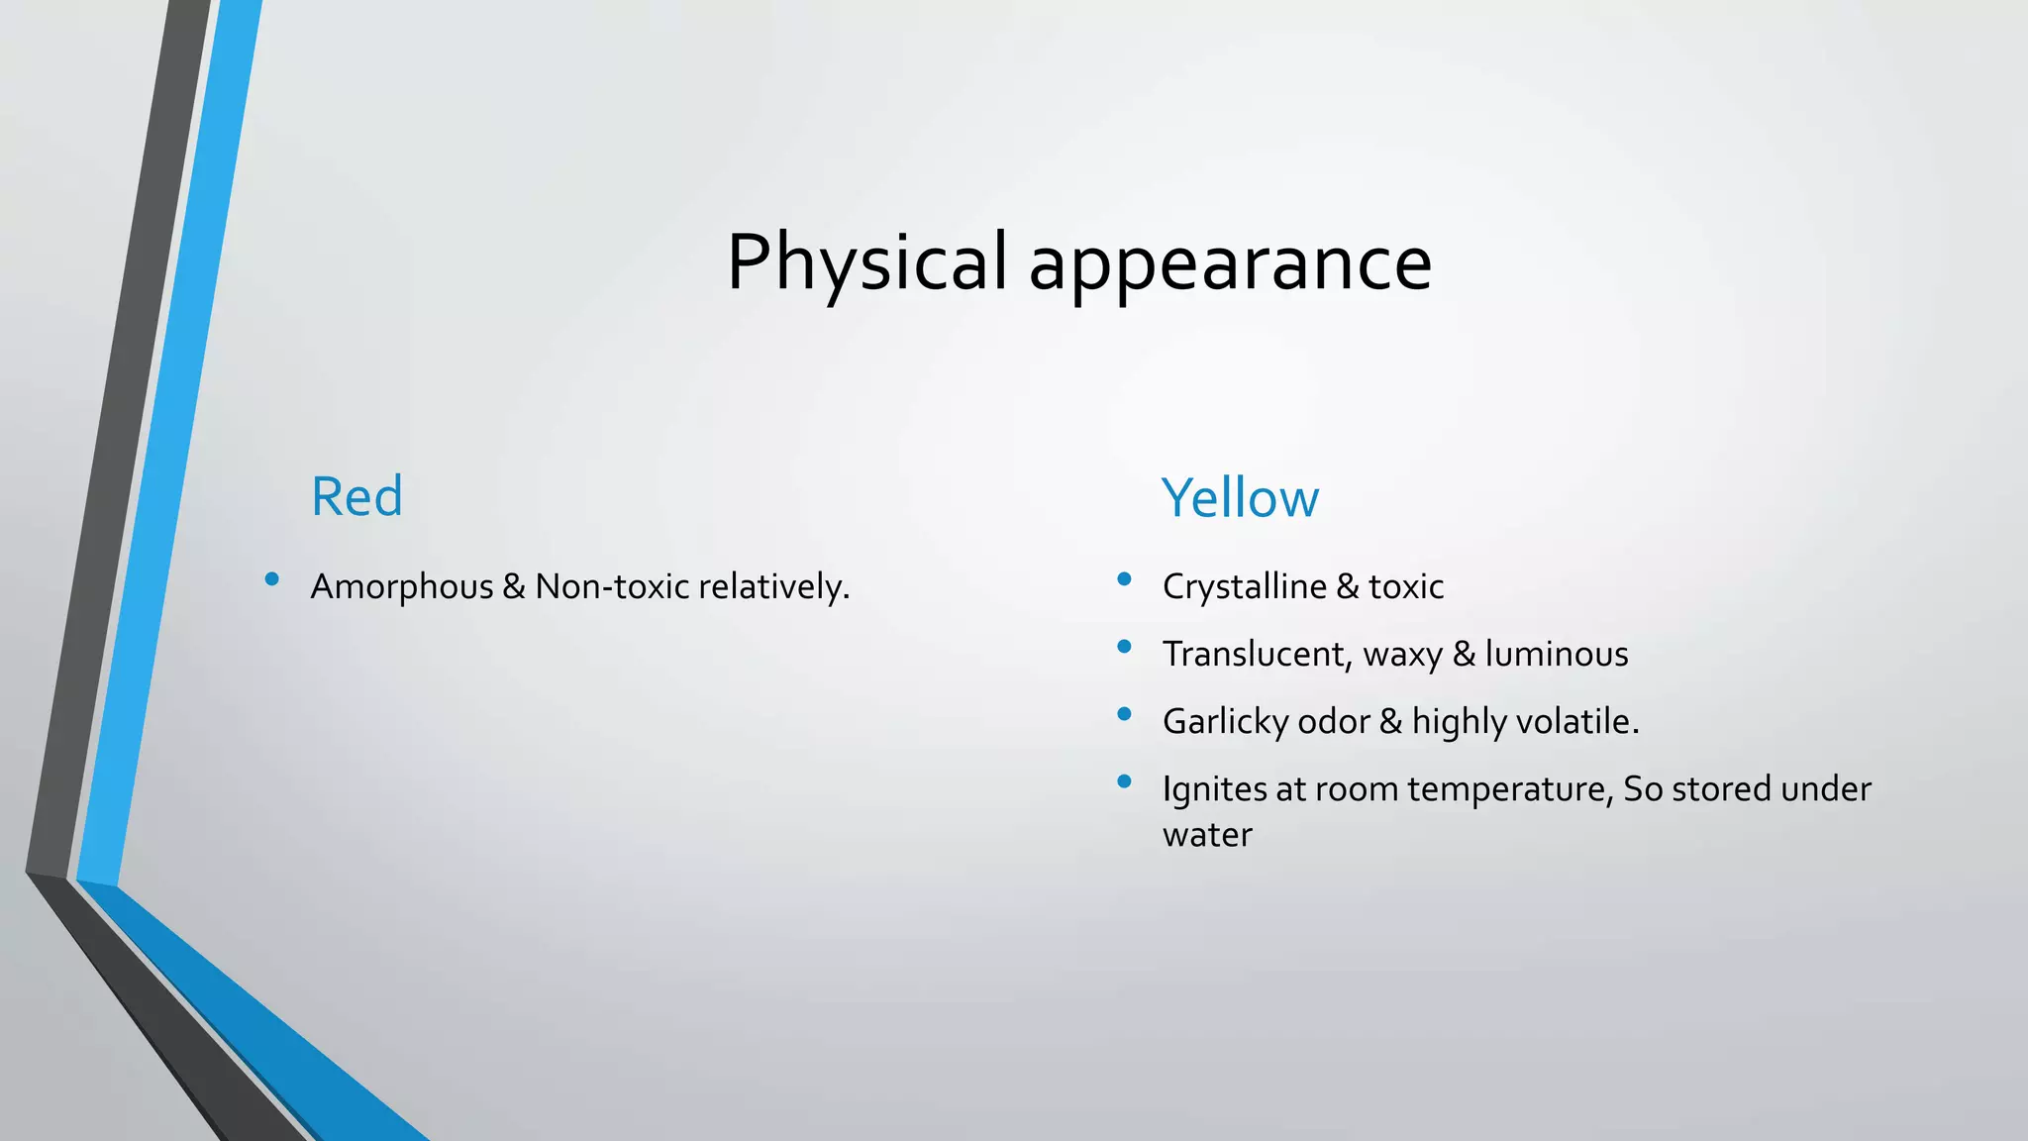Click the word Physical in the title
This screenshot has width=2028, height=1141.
(x=866, y=262)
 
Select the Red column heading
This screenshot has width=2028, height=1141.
(x=356, y=496)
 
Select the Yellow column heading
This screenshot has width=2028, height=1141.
(x=1240, y=498)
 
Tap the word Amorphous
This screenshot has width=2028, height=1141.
(x=401, y=587)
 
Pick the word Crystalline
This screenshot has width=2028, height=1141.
(x=1244, y=587)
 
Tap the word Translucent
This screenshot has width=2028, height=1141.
(x=1256, y=655)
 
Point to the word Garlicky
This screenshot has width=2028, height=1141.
(x=1225, y=722)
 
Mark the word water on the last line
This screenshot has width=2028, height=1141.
(x=1207, y=835)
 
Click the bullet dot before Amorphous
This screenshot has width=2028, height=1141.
(x=271, y=579)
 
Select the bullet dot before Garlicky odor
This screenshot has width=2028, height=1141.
(x=1124, y=714)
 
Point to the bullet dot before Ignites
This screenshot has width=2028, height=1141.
(x=1124, y=781)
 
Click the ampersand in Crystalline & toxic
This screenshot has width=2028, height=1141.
(x=1348, y=587)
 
